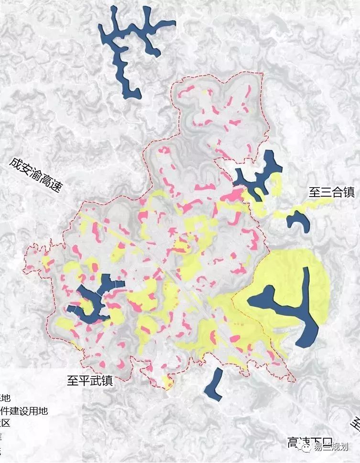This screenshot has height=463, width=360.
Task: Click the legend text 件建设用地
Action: tap(24, 410)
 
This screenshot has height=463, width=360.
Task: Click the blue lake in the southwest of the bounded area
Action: tap(93, 301)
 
